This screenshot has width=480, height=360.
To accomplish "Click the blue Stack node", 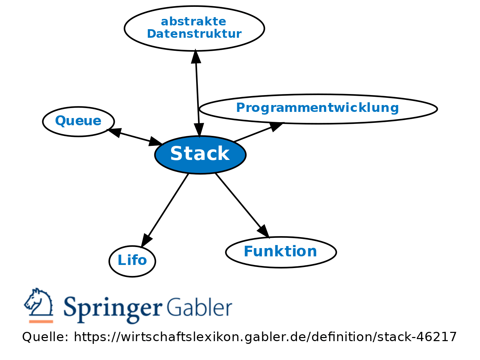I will click(x=200, y=154).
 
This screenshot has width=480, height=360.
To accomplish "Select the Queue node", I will click(x=78, y=121).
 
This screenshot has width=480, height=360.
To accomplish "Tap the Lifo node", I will click(x=132, y=261).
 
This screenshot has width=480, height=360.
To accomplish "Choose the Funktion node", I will click(x=280, y=252).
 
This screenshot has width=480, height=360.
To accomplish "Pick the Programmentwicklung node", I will click(x=317, y=108).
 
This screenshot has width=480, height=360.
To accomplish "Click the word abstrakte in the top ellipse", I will click(x=193, y=22).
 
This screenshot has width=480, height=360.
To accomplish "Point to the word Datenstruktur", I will click(x=194, y=34).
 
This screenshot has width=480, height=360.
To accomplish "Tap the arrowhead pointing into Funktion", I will click(x=264, y=231).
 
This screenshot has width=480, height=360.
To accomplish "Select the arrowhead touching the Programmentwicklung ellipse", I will click(x=276, y=126).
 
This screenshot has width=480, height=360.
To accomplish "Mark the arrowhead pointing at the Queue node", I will click(x=114, y=132).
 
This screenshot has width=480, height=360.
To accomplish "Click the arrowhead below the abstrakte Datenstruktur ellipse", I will click(x=196, y=57).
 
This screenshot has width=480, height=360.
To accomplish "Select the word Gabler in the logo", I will click(x=200, y=307).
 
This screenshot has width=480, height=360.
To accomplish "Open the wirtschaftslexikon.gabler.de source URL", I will click(x=265, y=337).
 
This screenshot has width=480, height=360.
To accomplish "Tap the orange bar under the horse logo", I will click(x=41, y=322).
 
